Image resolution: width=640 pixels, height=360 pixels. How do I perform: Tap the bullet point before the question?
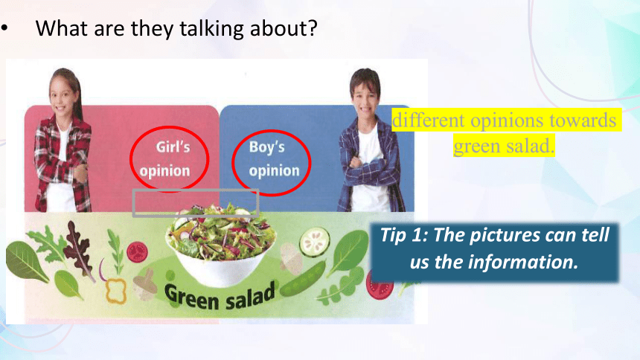point(4,28)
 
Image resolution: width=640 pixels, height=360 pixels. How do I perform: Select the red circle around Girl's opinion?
point(170,158)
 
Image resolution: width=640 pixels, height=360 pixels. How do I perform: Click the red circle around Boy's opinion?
point(272,162)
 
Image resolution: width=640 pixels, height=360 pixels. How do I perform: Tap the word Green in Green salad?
point(192,298)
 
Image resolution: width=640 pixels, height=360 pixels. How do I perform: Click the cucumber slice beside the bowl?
point(314,242)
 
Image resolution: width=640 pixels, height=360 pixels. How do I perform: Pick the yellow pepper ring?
point(116,291)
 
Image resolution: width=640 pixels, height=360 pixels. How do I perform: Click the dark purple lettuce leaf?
point(80,250)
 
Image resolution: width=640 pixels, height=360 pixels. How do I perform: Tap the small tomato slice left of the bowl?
point(137,251)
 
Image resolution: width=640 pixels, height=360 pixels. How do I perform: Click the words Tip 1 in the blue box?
point(403,235)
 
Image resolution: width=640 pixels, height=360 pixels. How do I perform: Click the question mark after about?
point(313,28)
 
